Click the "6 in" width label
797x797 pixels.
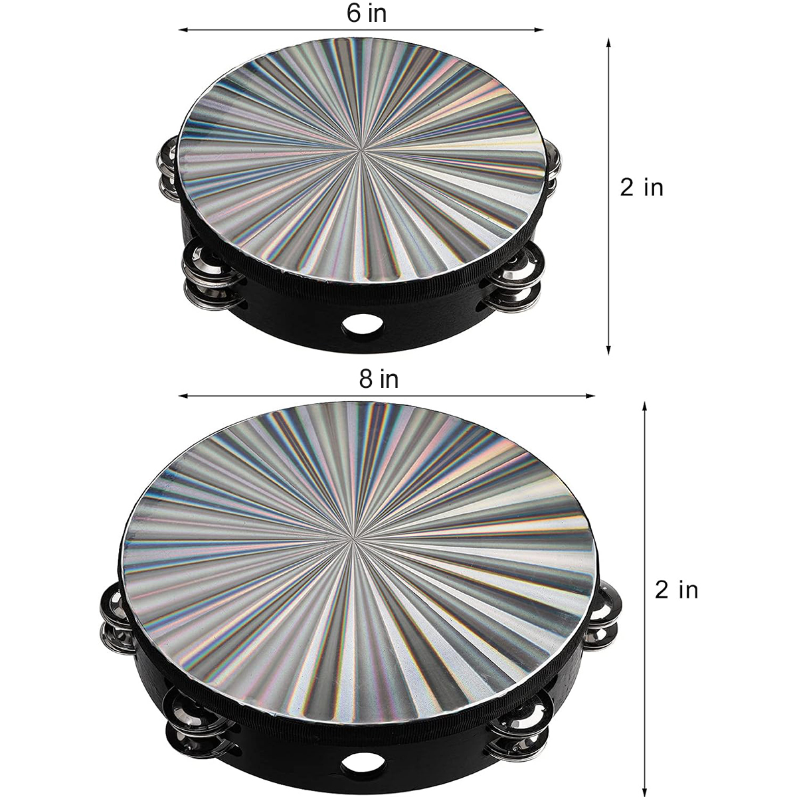click(367, 14)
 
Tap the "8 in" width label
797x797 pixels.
click(379, 379)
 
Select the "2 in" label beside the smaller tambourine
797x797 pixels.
click(642, 187)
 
